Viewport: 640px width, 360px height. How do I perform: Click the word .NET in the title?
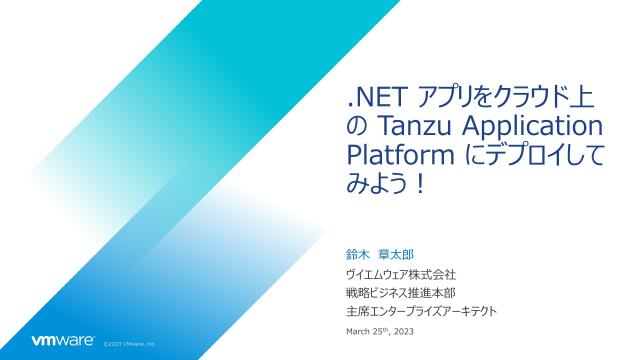(376, 98)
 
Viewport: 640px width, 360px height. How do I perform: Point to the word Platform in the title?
(400, 156)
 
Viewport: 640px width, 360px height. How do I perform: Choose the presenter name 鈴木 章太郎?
(380, 255)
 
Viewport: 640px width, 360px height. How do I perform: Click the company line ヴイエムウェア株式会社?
(401, 274)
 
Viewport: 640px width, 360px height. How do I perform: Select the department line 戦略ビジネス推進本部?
(401, 293)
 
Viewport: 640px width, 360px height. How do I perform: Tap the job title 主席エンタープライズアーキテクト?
(422, 311)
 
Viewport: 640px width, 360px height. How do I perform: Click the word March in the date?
(358, 331)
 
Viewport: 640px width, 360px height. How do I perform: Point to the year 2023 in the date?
(404, 331)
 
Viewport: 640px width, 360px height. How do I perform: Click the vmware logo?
(63, 341)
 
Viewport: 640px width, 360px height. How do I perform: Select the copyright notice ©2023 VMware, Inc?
(129, 344)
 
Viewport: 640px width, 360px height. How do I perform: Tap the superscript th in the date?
(385, 330)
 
